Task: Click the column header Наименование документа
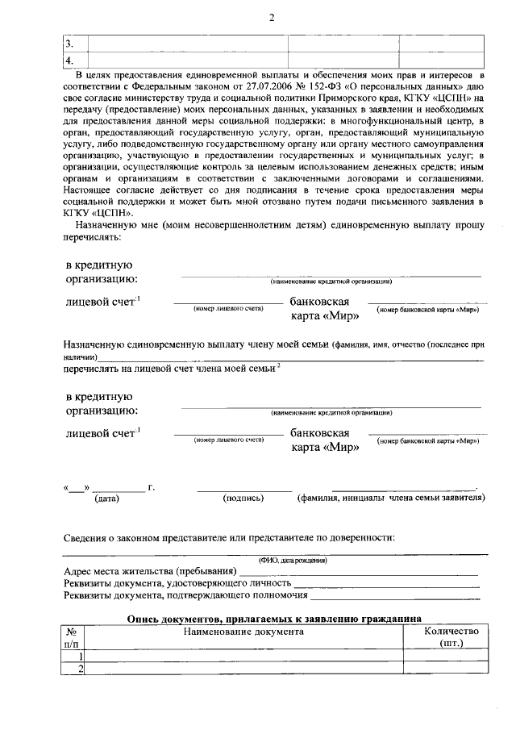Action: [243, 632]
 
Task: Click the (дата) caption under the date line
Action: [106, 498]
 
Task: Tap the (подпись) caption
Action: [243, 498]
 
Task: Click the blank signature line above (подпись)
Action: [244, 490]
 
